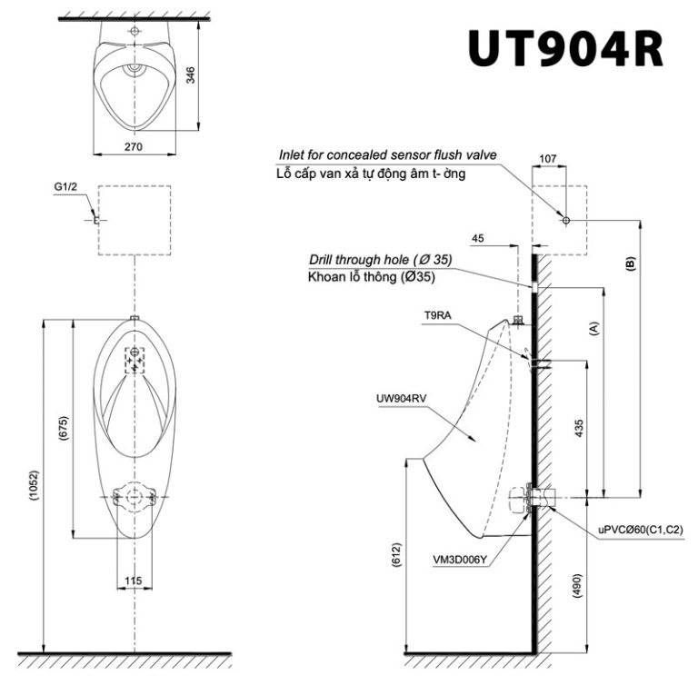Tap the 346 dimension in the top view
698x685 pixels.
[191, 75]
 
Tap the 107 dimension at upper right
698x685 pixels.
[548, 158]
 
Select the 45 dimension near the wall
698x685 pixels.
[478, 239]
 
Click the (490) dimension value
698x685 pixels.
[578, 588]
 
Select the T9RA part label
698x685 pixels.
[438, 315]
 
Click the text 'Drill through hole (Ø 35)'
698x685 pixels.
[380, 260]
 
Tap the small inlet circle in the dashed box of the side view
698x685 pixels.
[565, 221]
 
